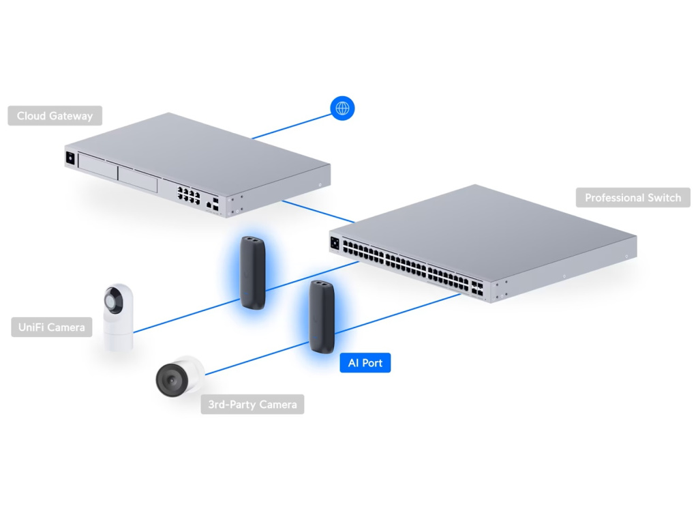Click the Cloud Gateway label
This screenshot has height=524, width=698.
click(55, 116)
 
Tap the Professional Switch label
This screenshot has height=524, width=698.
click(633, 198)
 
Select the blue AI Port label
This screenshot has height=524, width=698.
click(365, 363)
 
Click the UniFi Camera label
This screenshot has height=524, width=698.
click(52, 327)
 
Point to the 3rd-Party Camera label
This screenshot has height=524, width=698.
click(252, 405)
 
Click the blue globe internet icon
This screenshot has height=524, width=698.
click(342, 108)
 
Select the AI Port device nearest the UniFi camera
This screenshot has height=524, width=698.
click(252, 272)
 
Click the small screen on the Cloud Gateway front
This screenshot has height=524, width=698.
click(70, 158)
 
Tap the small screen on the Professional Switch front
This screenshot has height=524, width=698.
click(335, 242)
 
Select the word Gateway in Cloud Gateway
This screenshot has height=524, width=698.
click(70, 116)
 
